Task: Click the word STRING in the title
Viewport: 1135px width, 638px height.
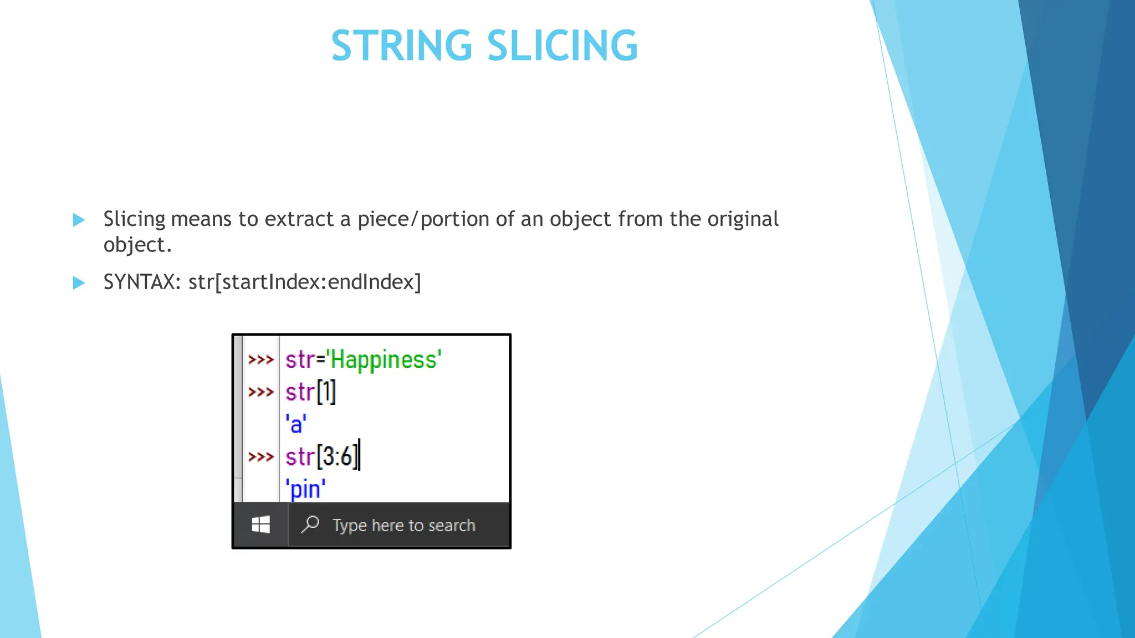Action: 401,45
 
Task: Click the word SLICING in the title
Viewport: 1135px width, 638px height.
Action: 562,45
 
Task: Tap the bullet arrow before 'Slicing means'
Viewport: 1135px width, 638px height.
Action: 79,220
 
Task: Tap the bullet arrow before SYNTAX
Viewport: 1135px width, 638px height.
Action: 79,283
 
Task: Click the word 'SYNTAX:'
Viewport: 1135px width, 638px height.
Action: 142,282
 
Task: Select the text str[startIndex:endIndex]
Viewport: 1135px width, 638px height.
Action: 305,282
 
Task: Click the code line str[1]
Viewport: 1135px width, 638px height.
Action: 310,392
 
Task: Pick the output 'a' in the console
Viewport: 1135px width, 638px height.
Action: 296,425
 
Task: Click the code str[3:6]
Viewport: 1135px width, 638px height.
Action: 321,457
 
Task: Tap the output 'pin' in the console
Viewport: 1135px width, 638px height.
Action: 305,490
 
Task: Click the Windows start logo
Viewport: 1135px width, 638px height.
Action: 260,524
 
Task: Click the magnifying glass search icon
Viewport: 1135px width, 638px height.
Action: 310,524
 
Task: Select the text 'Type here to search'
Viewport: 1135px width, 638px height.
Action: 403,525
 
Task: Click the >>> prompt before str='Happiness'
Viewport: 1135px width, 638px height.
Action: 260,360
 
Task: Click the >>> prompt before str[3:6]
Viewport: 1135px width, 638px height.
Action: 260,457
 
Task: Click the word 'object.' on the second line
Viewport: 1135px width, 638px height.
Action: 137,245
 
